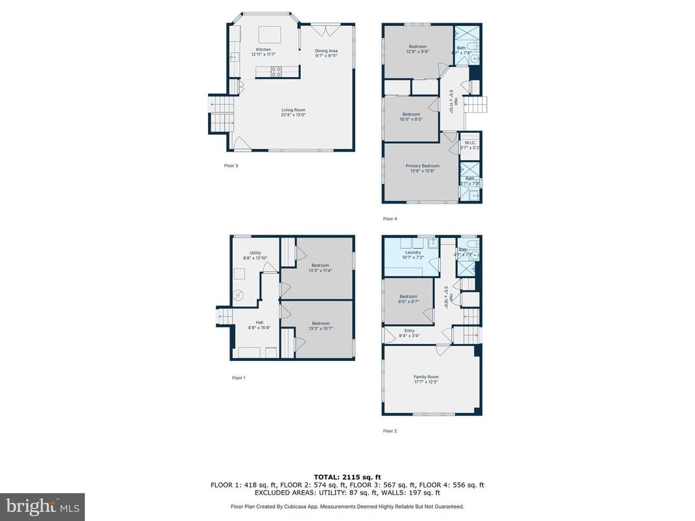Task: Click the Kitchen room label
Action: click(x=263, y=50)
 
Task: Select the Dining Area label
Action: click(x=326, y=51)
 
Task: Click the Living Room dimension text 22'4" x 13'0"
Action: click(x=293, y=115)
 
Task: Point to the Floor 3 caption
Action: click(x=231, y=166)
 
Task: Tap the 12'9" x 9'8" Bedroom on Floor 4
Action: click(x=418, y=47)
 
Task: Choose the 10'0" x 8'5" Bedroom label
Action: click(x=411, y=115)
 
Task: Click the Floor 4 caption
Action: click(x=390, y=219)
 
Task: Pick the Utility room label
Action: click(x=255, y=253)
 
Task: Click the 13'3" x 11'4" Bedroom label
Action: click(x=320, y=265)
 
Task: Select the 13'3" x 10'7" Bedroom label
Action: click(x=320, y=323)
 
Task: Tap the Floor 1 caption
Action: click(x=239, y=378)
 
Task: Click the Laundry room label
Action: click(x=413, y=253)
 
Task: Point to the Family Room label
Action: click(x=426, y=377)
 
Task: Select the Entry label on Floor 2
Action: click(x=409, y=331)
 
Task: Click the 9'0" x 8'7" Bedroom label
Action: click(x=408, y=297)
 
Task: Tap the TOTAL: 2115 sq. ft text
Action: click(x=347, y=476)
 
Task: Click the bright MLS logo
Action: click(x=42, y=505)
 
